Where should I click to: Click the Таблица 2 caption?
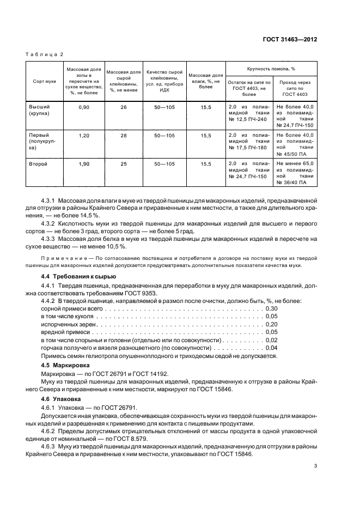tap(45, 55)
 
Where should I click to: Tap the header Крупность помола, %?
tap(271, 69)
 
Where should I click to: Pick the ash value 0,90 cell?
tap(84, 108)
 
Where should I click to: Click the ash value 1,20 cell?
tap(84, 135)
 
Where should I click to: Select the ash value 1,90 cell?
tap(84, 163)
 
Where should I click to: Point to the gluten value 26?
tap(124, 108)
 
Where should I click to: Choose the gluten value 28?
tap(124, 135)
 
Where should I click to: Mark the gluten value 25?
tap(124, 163)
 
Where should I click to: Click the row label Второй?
tap(38, 163)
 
